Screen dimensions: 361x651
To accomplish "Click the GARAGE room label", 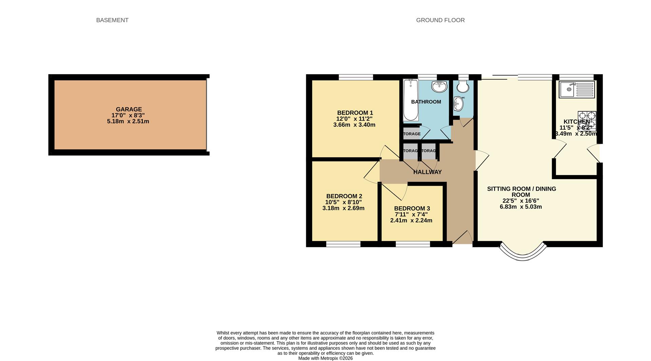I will pos(129,109).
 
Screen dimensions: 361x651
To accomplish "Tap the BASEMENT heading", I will pos(112,20).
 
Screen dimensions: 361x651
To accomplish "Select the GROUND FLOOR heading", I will pos(440,20).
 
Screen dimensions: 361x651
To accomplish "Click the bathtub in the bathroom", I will pos(411,100).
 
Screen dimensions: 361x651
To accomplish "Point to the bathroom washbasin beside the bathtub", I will pos(439,86).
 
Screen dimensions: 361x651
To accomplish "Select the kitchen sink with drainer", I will pos(577,90).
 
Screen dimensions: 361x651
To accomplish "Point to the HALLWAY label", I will pos(427,172).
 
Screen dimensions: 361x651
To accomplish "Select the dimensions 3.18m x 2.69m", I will pos(343,208).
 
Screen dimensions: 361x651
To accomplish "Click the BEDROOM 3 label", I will pos(412,209).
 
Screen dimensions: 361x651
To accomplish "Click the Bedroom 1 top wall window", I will pos(356,77).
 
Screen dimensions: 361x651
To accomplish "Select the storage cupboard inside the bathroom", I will pos(411,134).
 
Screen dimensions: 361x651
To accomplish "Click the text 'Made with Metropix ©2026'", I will pos(325,358).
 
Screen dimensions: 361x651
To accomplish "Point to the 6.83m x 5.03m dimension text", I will pos(520,207).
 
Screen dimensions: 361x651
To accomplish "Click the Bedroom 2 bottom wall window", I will pos(343,244).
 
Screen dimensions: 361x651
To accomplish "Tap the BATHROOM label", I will pos(426,102).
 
